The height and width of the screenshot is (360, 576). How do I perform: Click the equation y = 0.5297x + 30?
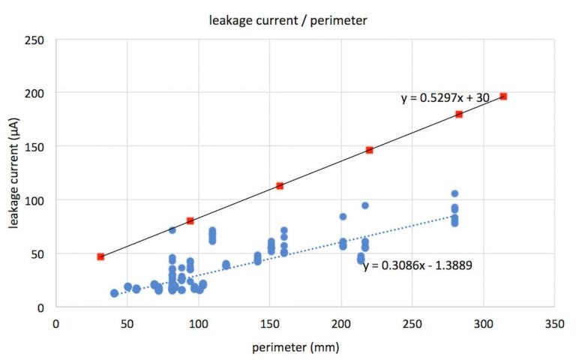(442, 97)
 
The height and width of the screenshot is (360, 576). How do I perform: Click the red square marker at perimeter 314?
(503, 97)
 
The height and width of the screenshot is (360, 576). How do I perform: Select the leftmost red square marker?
(100, 256)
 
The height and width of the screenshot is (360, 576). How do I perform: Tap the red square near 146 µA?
(369, 150)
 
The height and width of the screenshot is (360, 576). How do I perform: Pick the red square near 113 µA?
(280, 185)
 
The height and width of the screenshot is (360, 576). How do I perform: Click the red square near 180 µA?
(459, 114)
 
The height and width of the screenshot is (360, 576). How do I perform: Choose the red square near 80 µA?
(190, 220)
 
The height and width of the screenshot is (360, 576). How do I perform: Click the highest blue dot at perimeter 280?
(454, 193)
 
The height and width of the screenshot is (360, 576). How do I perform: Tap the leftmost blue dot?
(114, 293)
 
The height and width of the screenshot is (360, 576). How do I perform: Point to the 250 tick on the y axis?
(35, 39)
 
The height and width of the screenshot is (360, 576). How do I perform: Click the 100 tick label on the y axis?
(35, 200)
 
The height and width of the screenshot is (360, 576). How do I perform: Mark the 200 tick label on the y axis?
(35, 93)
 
